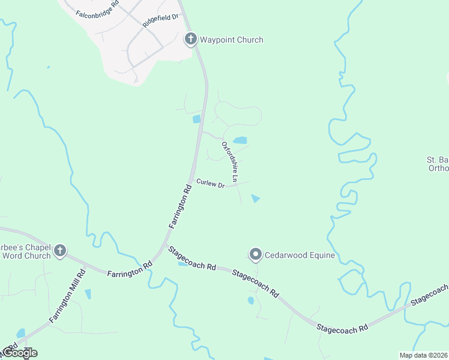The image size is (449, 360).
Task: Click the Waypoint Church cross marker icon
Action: (x=190, y=40)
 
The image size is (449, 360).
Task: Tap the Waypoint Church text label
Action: (x=232, y=40)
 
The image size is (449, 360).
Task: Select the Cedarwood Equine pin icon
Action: (x=256, y=255)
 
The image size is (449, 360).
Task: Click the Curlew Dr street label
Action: (x=209, y=184)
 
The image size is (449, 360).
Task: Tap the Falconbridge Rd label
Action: (x=97, y=8)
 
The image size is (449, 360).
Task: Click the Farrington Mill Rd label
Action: (x=67, y=296)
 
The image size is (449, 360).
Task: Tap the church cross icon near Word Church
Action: (x=60, y=251)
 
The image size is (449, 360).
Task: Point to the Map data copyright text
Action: (x=422, y=355)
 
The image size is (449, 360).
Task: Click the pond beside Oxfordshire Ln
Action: (x=240, y=140)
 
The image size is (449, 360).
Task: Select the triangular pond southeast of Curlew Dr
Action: (x=256, y=199)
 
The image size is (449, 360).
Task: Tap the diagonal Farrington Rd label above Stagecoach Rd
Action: (x=180, y=206)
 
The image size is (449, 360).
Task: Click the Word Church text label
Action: (x=26, y=256)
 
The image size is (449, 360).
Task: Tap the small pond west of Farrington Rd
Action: (x=196, y=119)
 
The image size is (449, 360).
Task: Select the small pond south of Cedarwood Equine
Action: (x=251, y=301)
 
